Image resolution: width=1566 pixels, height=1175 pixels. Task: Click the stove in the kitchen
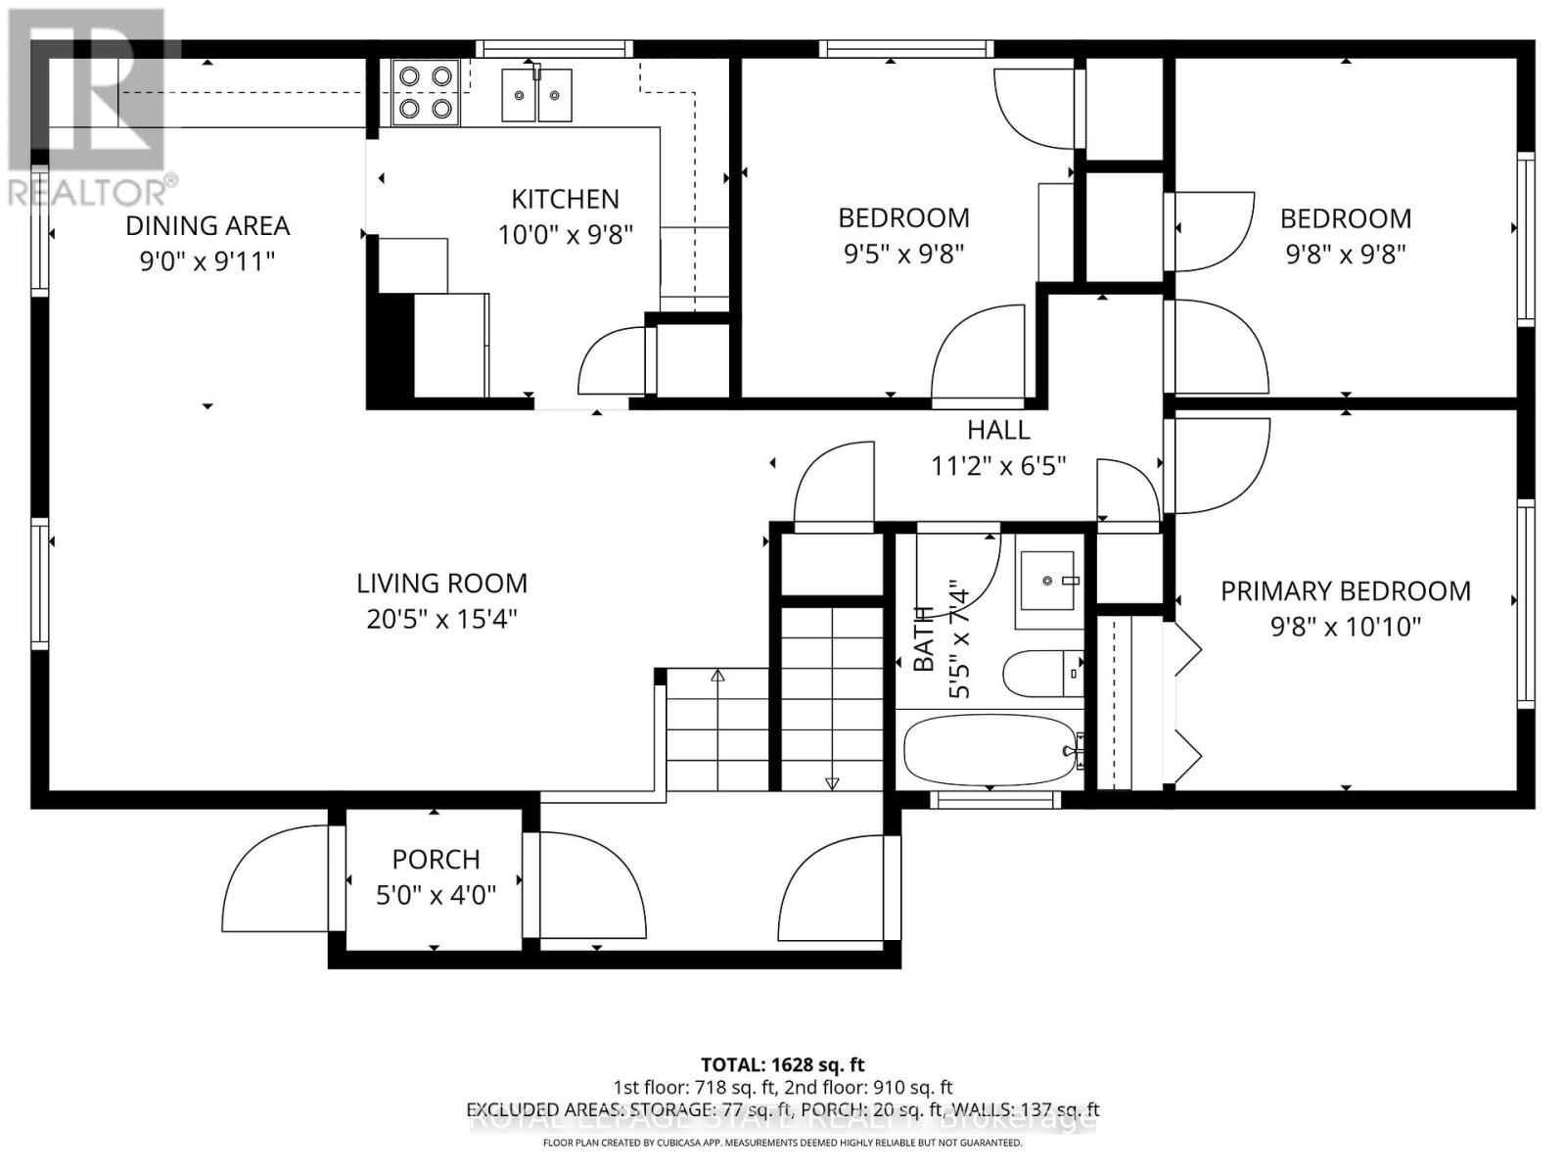point(426,92)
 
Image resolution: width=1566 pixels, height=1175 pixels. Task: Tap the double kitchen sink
point(536,95)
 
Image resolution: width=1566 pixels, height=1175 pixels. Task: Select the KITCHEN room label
point(565,199)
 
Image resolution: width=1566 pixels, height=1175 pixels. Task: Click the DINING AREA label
point(207,225)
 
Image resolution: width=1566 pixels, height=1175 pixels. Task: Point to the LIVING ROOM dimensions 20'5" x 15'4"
point(441,620)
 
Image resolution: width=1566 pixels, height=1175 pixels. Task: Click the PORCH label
point(436,859)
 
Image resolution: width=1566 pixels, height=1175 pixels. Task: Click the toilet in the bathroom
point(1041,673)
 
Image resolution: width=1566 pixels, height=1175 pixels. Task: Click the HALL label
point(998,430)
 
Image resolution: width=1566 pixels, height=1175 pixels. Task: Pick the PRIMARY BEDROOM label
point(1345,590)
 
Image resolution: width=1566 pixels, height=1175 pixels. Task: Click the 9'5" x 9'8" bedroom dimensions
point(903,255)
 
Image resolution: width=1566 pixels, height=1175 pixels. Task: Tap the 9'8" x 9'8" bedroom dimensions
point(1345,255)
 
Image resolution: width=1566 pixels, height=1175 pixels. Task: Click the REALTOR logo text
point(93,190)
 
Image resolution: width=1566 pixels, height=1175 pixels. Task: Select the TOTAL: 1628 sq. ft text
point(782,1064)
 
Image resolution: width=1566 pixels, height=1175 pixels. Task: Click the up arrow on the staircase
point(717,676)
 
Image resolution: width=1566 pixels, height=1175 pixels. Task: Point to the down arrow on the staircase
point(832,782)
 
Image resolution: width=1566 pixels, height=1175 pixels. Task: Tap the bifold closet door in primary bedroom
point(1187,700)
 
